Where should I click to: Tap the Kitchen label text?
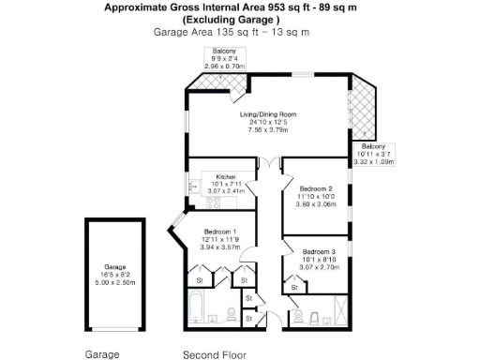223,175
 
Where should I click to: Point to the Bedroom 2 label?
315,188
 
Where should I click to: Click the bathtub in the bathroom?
201,308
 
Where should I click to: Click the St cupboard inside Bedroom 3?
294,289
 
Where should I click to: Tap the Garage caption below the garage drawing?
103,354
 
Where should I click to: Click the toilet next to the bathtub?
232,313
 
